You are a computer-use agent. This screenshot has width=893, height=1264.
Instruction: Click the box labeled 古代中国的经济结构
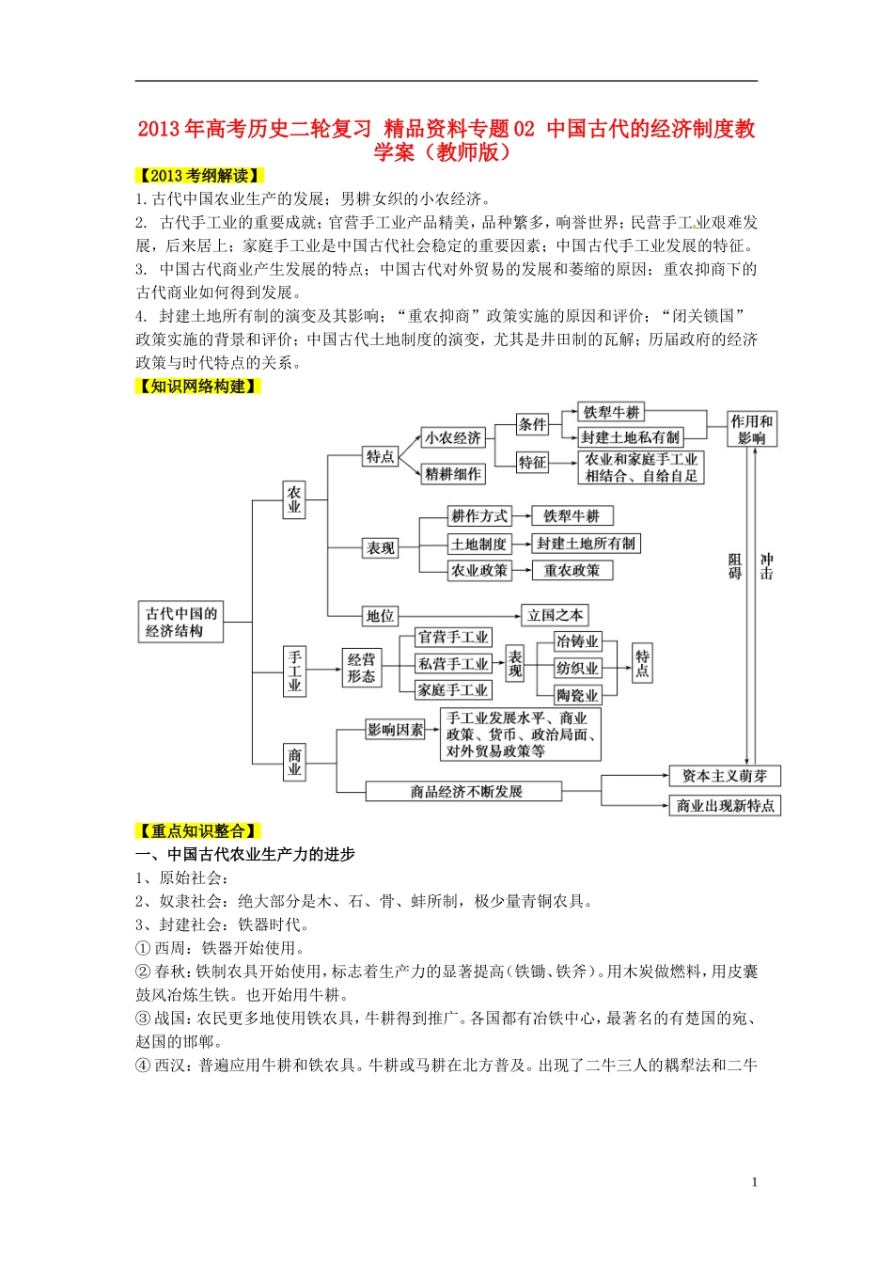coord(181,623)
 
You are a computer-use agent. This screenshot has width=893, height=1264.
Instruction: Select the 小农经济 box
coord(452,437)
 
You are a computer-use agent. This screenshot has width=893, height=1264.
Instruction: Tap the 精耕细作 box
coord(452,474)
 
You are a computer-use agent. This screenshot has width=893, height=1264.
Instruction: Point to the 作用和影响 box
coord(752,430)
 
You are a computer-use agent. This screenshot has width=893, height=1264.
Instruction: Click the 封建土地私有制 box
coord(630,437)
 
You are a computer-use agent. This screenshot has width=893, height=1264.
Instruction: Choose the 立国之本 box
coord(555,615)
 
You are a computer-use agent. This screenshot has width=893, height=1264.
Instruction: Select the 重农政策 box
coord(572,570)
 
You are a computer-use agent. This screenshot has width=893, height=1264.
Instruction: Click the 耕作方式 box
coord(478,516)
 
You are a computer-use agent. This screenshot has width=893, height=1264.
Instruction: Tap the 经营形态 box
coord(361,668)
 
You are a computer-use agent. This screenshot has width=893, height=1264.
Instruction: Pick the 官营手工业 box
coord(453,638)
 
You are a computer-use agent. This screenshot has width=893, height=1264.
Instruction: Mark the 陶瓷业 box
coord(577,696)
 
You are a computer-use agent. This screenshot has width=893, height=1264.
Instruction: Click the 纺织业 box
coord(577,669)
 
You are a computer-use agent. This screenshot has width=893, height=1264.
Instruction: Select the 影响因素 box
coord(395,730)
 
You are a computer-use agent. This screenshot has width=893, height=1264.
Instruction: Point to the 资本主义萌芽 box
coord(724,776)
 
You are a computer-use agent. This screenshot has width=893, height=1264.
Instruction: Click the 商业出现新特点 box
coord(725,806)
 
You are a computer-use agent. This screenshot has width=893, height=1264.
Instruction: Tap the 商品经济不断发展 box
coord(464,792)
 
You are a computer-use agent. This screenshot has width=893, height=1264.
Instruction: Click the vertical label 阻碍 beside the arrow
coord(735,566)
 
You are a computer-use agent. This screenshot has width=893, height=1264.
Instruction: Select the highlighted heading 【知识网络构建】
coord(198,387)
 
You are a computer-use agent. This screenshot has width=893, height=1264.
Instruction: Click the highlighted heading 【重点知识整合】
coord(198,831)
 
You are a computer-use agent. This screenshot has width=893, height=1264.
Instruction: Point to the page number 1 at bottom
coord(754,1182)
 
